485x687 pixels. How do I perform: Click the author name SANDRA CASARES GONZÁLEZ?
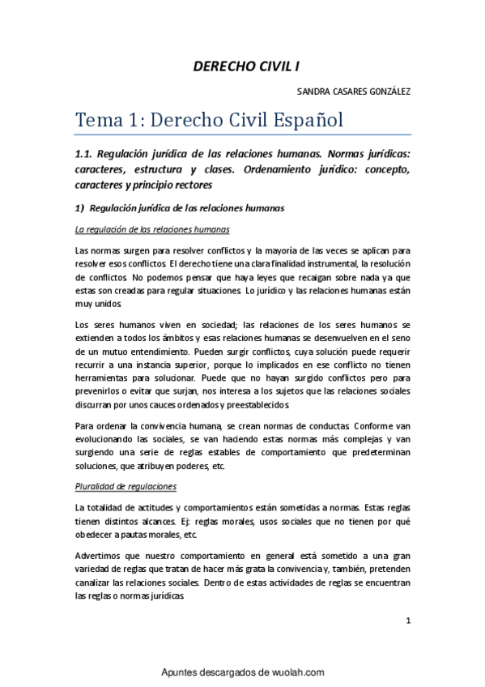[355, 92]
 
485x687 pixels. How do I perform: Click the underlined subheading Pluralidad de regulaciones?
[125, 486]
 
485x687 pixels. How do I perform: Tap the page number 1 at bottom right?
[409, 621]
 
